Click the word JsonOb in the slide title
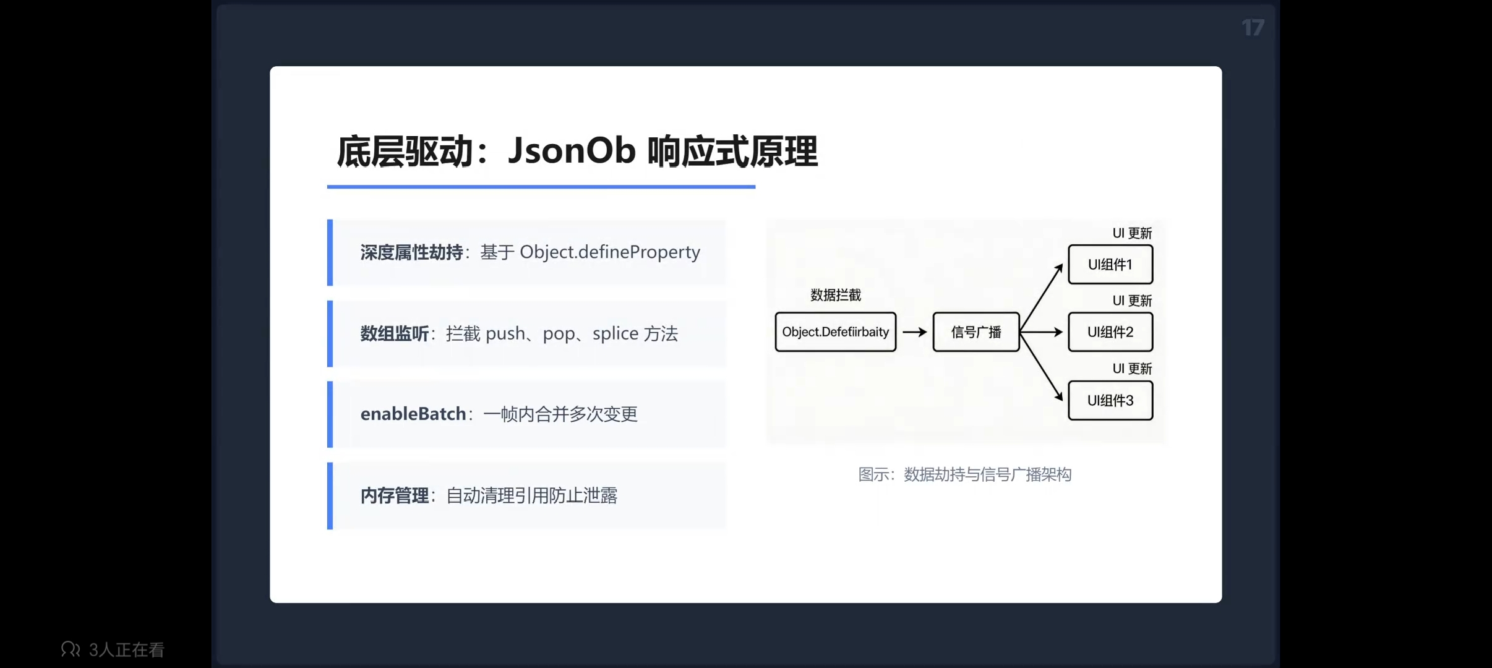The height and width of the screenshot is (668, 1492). click(x=571, y=151)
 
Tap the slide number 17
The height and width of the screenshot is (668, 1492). click(x=1253, y=28)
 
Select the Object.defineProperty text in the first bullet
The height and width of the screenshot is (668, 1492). click(x=609, y=252)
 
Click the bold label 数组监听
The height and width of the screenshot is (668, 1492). click(x=395, y=334)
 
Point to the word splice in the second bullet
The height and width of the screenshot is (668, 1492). click(x=615, y=334)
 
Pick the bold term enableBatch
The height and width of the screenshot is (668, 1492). click(x=413, y=414)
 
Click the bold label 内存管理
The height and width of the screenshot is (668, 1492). click(x=395, y=495)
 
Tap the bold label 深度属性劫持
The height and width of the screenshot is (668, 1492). click(x=411, y=252)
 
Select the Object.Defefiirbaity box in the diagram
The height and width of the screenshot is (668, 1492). click(x=836, y=332)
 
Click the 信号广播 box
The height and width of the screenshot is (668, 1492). click(x=976, y=332)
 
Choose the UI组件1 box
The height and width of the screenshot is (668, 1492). click(x=1110, y=265)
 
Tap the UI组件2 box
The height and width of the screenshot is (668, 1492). click(x=1110, y=332)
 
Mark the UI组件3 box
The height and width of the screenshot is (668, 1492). click(x=1110, y=401)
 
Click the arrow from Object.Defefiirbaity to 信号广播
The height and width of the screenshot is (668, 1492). click(x=915, y=332)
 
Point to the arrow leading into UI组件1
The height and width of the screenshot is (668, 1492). click(x=1042, y=298)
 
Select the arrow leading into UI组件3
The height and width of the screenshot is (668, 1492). click(x=1042, y=367)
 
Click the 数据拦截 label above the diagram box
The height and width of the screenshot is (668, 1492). click(x=836, y=295)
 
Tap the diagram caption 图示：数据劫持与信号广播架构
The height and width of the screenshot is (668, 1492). click(x=965, y=474)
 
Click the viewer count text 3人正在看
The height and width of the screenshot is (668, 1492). click(x=127, y=649)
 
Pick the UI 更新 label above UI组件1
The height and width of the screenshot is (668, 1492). click(x=1132, y=233)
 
